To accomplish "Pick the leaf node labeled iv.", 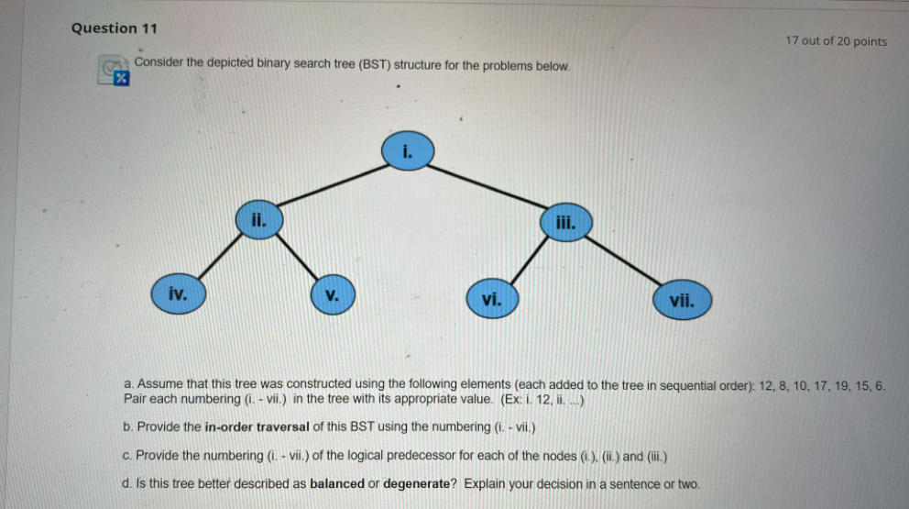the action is (179, 294).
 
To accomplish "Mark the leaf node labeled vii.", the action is (683, 300).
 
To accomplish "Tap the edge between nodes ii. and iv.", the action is (220, 258).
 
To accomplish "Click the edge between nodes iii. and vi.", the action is (530, 260).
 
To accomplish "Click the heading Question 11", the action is (115, 28).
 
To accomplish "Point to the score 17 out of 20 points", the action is (836, 40).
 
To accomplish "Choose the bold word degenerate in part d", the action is (416, 483).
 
